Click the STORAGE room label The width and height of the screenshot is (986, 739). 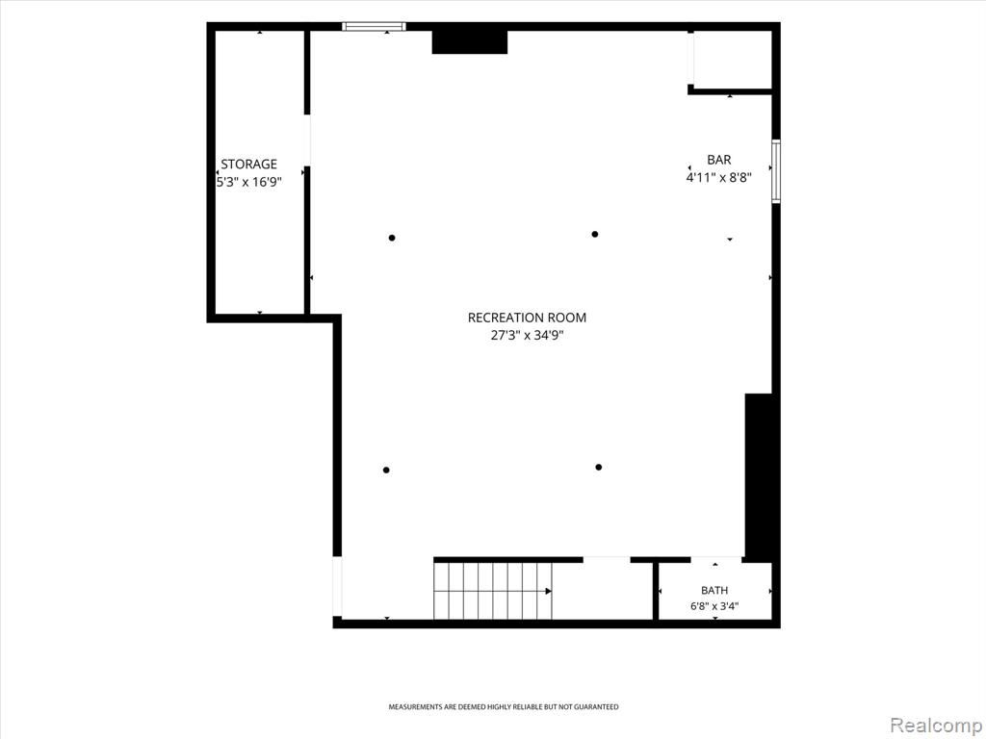[x=248, y=164]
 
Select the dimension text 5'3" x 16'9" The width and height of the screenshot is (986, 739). [x=249, y=182]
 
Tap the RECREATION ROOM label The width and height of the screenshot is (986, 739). [x=527, y=318]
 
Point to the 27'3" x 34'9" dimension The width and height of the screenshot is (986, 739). [x=527, y=336]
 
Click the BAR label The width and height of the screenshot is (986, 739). [x=718, y=161]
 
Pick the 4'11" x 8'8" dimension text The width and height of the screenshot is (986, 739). [x=718, y=177]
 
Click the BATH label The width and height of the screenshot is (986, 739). [x=714, y=591]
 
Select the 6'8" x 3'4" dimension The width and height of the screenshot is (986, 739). [x=714, y=606]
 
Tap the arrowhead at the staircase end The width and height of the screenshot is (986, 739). [x=548, y=591]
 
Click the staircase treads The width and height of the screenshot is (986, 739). [x=493, y=591]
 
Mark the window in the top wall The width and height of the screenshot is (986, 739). [x=374, y=26]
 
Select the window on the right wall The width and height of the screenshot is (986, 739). [x=776, y=171]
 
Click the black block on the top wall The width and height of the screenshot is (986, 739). [x=470, y=41]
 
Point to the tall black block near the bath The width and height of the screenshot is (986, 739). [x=759, y=476]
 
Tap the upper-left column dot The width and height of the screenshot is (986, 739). [x=392, y=238]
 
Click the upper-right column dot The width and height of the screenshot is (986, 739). [x=595, y=235]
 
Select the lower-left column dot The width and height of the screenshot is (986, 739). [x=386, y=470]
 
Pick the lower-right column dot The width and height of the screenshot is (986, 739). [x=599, y=467]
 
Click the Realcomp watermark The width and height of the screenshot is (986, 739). [x=936, y=726]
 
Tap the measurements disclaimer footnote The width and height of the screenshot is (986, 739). [x=503, y=707]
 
